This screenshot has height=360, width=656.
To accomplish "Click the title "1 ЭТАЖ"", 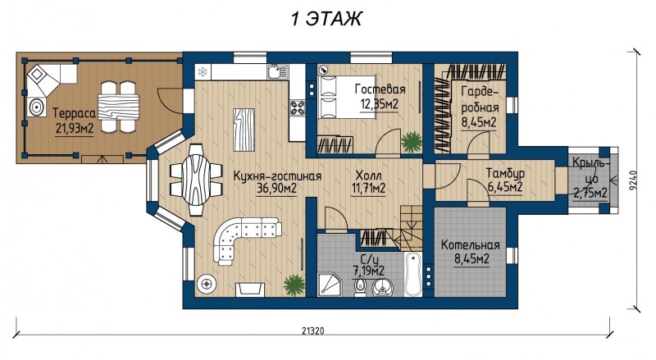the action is pyautogui.click(x=326, y=19).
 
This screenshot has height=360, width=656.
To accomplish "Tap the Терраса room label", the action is pyautogui.click(x=75, y=113).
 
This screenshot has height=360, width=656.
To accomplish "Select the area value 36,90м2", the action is pyautogui.click(x=276, y=189).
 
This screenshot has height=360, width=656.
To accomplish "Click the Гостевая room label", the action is pyautogui.click(x=380, y=89).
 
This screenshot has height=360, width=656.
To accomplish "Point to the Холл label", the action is pyautogui.click(x=368, y=175).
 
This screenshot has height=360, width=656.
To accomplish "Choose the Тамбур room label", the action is pyautogui.click(x=505, y=173).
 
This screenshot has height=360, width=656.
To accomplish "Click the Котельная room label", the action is pyautogui.click(x=470, y=245).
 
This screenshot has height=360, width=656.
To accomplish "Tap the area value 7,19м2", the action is pyautogui.click(x=368, y=271).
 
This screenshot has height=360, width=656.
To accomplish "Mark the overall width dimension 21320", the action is pyautogui.click(x=313, y=330).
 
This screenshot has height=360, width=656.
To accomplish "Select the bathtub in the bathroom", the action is pyautogui.click(x=413, y=274).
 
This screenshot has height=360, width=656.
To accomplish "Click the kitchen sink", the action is pyautogui.click(x=277, y=71).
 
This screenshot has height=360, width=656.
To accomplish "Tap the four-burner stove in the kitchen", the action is pyautogui.click(x=298, y=107).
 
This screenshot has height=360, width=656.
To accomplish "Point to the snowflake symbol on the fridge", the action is pyautogui.click(x=203, y=71).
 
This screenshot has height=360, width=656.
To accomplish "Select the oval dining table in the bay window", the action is pyautogui.click(x=196, y=180).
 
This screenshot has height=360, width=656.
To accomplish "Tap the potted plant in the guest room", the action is pyautogui.click(x=412, y=142).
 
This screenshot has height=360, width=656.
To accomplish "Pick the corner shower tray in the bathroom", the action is pyautogui.click(x=330, y=285).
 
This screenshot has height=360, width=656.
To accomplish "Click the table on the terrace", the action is pyautogui.click(x=118, y=107).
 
